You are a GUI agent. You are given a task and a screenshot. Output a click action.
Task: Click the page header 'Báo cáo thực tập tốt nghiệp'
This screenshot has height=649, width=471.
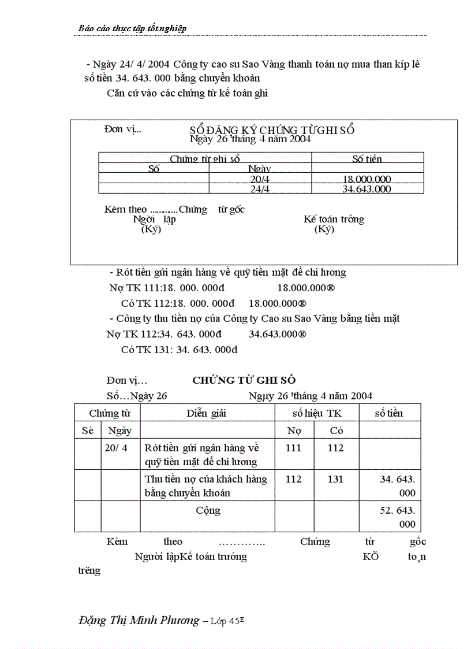(x=132, y=28)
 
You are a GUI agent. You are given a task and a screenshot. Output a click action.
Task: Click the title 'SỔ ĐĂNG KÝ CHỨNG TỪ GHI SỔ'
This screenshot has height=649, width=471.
(x=272, y=130)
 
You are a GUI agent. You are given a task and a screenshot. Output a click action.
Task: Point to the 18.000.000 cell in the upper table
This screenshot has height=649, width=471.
(x=367, y=179)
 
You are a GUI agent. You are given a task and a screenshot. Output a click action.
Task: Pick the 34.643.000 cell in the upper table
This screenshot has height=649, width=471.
(x=367, y=189)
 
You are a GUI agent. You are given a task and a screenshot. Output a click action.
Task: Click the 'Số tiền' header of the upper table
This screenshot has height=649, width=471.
(x=367, y=159)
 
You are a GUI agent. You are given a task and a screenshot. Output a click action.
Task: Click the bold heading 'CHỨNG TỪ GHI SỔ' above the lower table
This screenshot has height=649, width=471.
(x=244, y=380)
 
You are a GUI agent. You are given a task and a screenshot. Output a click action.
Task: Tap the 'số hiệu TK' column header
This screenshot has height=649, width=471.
(x=316, y=413)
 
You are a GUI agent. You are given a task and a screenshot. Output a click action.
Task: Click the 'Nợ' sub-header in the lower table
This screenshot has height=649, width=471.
(x=294, y=431)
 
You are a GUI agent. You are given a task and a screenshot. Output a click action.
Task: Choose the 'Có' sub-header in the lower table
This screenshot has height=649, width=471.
(x=336, y=431)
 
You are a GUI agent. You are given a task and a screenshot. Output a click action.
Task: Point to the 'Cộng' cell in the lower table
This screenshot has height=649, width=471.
(x=208, y=510)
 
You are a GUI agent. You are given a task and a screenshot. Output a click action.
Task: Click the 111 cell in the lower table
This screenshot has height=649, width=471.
(x=294, y=448)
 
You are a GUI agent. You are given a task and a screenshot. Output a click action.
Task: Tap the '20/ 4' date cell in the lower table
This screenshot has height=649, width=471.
(x=117, y=448)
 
